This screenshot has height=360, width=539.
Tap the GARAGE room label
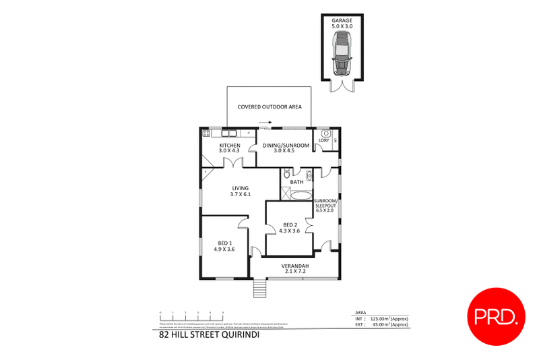click(x=342, y=21)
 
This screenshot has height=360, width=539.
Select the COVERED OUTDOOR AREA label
click(x=269, y=107)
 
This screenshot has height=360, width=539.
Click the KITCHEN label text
click(x=230, y=146)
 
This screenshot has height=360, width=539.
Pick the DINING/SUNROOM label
click(x=291, y=146)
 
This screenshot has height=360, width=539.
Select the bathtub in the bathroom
click(x=296, y=196)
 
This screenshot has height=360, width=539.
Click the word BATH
click(x=296, y=182)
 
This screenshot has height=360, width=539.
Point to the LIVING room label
click(x=241, y=188)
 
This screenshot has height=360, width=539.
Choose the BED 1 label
click(x=224, y=243)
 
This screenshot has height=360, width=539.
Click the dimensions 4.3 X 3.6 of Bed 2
click(x=290, y=231)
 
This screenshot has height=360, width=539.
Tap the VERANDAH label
click(x=295, y=267)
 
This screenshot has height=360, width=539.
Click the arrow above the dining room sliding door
click(x=265, y=123)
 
